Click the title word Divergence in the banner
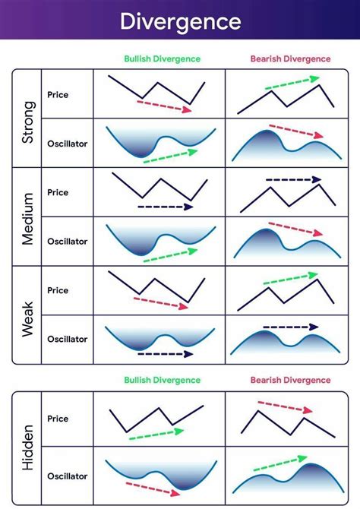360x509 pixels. pos(180,21)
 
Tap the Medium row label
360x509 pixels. pos(27,217)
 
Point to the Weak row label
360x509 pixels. pos(27,315)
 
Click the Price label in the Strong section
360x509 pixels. pos(58,94)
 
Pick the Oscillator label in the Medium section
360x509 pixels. pos(68,241)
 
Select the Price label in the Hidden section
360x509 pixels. pos(58,419)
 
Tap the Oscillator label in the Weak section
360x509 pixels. pos(68,339)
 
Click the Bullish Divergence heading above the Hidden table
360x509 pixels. pos(163,380)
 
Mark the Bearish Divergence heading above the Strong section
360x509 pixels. pos(291,58)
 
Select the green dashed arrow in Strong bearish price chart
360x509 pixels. pos(292,83)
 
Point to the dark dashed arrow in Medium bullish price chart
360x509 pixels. pos(166,207)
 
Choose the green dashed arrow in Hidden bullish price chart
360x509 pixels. pos(156,434)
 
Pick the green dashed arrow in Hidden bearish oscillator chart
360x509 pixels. pos(280,463)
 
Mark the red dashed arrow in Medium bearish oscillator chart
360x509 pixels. pos(295,229)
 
